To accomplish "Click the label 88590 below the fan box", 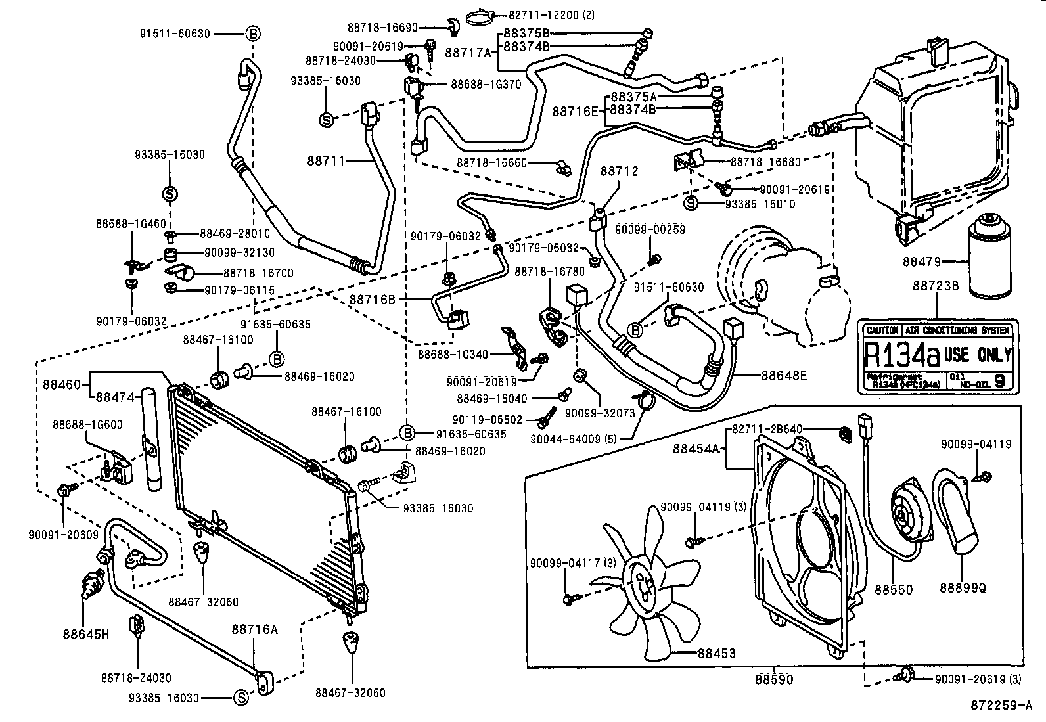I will click(773, 679).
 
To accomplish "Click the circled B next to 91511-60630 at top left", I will click(253, 33).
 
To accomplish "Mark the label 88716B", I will click(373, 300).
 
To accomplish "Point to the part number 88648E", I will click(784, 376).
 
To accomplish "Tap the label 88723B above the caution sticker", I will click(935, 286).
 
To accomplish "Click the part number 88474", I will click(116, 397).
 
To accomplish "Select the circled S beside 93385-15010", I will click(691, 204).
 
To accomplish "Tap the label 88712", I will click(619, 171).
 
